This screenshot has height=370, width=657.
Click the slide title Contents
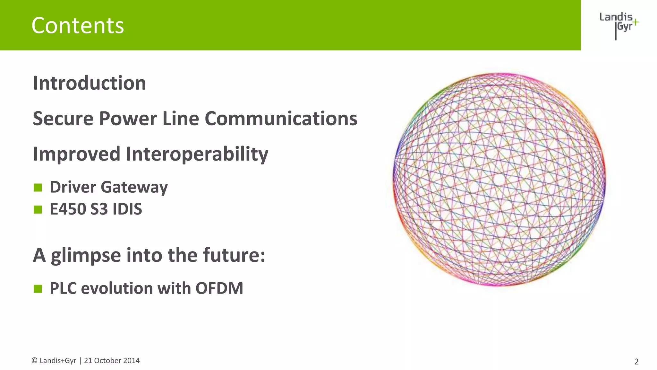point(78,26)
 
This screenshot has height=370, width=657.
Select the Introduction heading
point(90,83)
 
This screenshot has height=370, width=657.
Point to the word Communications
point(281,119)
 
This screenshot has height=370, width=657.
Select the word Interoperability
point(197,154)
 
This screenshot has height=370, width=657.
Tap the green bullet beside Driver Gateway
point(38,187)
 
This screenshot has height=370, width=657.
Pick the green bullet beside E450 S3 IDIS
point(38,209)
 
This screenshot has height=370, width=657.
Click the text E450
point(68,209)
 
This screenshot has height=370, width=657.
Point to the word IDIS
point(127,209)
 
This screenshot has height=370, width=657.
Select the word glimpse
point(86,256)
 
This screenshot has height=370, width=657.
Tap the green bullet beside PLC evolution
point(38,288)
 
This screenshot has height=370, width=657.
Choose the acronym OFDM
point(219,288)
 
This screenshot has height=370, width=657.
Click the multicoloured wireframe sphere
point(499,179)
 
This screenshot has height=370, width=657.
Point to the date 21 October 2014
point(112,361)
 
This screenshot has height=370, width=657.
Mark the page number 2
point(636,362)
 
